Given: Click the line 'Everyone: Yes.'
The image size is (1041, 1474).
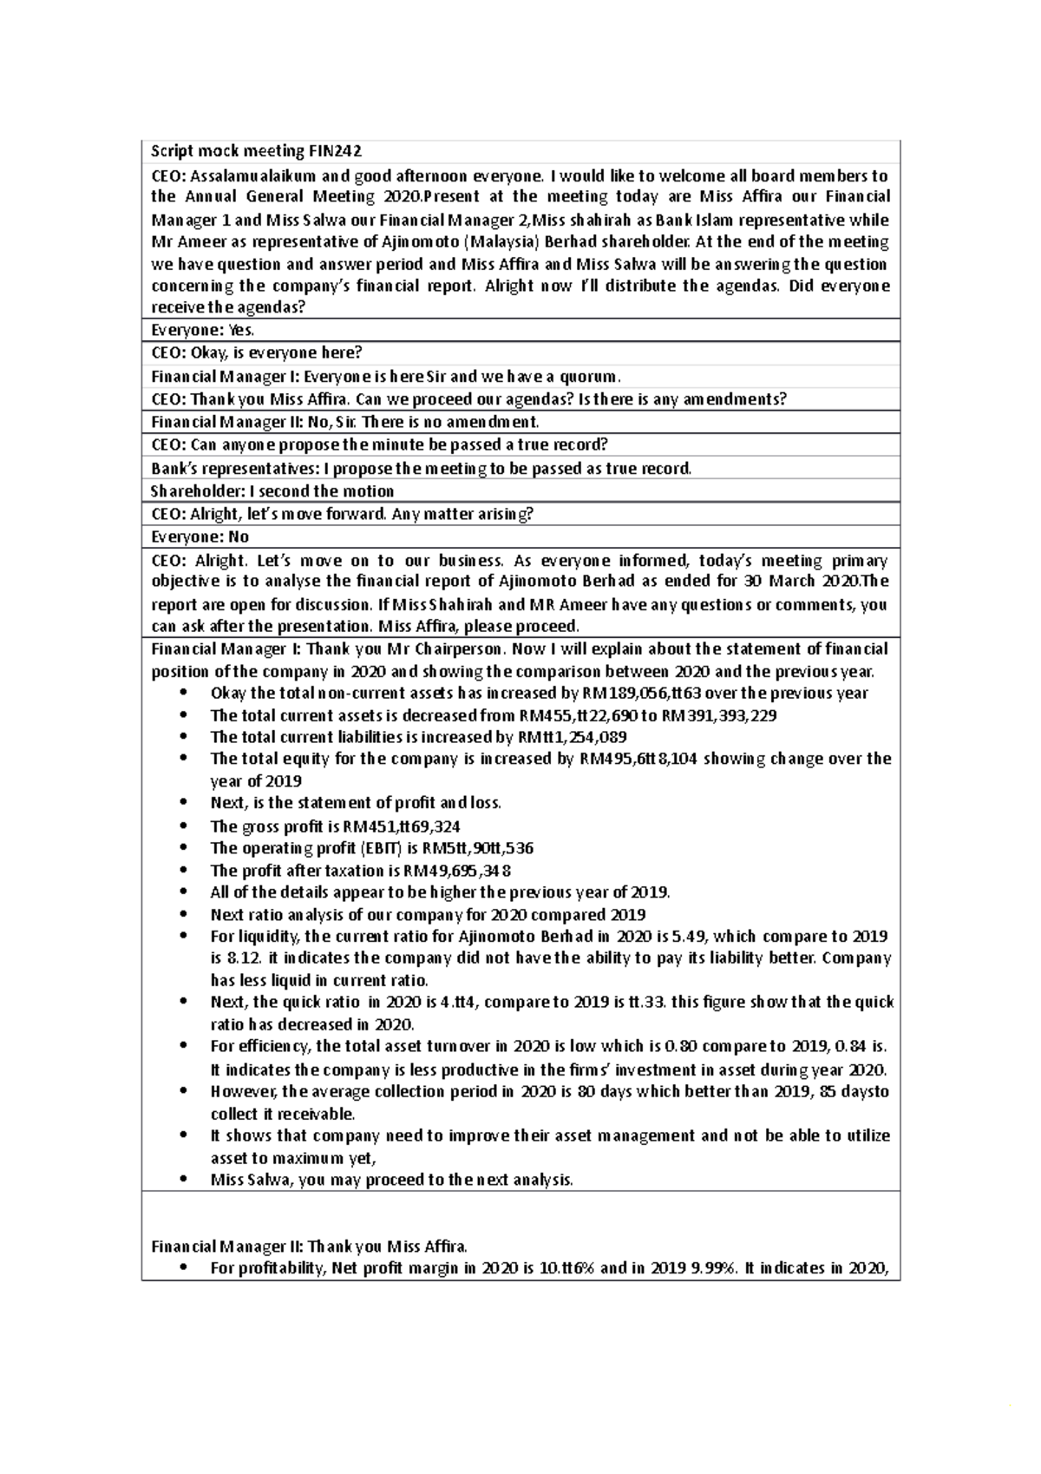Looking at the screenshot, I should point(202,330).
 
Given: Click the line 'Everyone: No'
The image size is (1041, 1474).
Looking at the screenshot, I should point(200,536).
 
